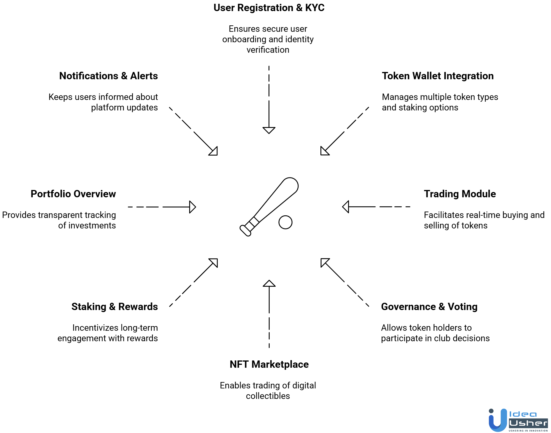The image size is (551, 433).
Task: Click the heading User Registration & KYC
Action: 269,8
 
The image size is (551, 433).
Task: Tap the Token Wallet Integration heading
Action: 438,76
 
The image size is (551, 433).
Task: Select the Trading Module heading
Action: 460,194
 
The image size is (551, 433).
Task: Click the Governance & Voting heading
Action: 429,307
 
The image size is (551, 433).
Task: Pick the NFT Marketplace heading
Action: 269,365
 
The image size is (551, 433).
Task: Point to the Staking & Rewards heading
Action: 115,307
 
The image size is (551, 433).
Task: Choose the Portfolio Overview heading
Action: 73,194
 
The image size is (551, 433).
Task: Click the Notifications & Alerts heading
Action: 108,76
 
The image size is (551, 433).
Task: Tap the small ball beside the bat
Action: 285,222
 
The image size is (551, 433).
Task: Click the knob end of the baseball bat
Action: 245,230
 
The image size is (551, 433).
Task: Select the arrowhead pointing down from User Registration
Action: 269,130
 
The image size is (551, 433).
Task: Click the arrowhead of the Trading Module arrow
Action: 346,207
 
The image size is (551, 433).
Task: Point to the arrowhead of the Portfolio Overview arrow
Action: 192,207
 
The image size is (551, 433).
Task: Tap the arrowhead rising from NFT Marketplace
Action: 269,284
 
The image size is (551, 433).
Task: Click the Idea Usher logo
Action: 518,420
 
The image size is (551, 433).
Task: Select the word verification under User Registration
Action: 268,50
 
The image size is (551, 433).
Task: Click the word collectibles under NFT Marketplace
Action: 268,396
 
